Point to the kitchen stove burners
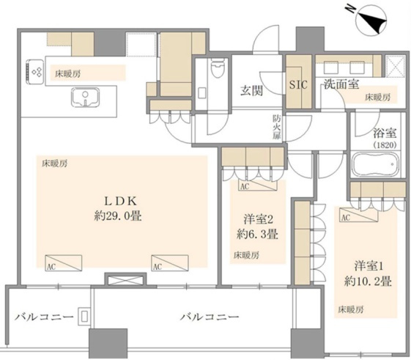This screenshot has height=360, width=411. [x=36, y=70]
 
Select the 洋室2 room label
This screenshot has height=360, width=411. [x=256, y=218]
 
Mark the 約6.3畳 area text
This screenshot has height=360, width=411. [x=256, y=235]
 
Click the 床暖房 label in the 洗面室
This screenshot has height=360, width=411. [x=378, y=97]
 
